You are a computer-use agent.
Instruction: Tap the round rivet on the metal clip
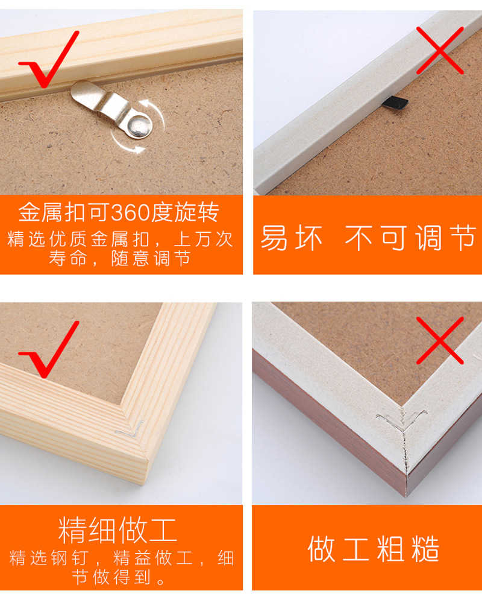[140, 125]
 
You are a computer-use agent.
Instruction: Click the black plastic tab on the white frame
[395, 102]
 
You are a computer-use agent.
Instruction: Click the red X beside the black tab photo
[440, 50]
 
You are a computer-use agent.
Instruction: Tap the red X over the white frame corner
[440, 341]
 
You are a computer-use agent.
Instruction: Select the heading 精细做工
[118, 530]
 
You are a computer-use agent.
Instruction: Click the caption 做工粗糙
[374, 549]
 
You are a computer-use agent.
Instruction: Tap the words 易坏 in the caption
[291, 238]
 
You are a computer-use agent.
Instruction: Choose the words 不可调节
[411, 238]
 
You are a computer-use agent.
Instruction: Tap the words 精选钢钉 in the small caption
[49, 558]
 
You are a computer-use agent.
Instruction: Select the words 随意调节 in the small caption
[151, 258]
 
